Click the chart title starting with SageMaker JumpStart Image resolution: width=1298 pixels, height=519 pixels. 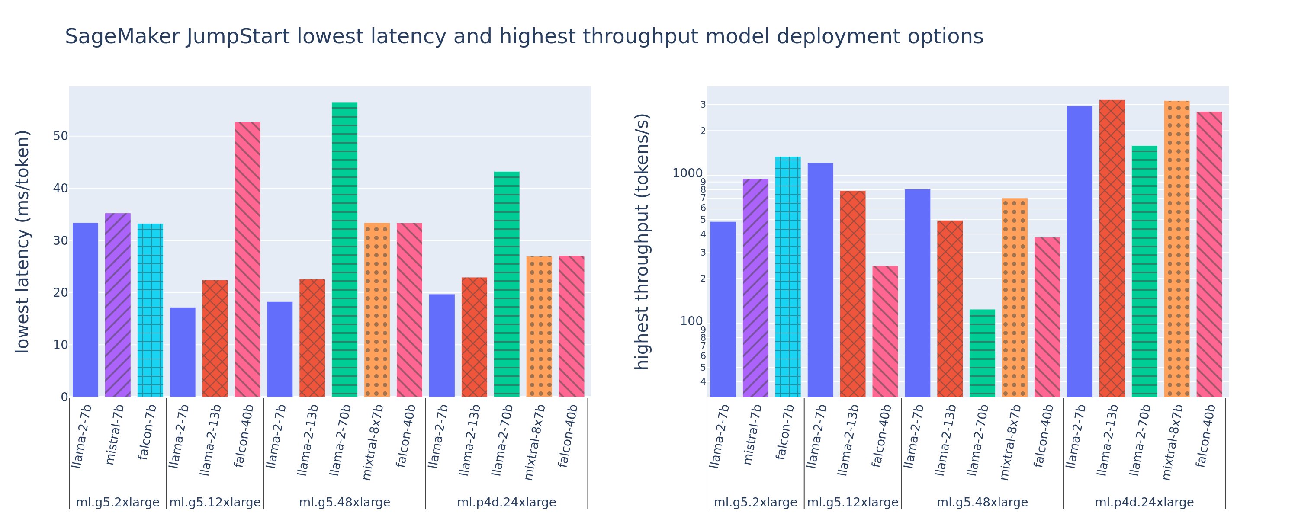coord(524,37)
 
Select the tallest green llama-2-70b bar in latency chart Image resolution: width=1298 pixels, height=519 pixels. coord(345,250)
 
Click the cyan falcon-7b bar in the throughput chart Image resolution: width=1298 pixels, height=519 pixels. coord(787,277)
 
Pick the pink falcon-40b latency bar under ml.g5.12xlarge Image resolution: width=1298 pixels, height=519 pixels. coord(247,259)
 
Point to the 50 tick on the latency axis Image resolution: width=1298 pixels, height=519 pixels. coord(60,136)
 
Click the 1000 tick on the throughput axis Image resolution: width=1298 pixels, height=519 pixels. coord(688,174)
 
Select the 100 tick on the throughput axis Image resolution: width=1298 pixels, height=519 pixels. coord(691,321)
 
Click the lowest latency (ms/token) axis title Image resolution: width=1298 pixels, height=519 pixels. coord(22,242)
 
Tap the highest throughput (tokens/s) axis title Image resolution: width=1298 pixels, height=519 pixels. coord(642,242)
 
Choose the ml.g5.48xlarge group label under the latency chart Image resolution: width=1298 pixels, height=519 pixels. coord(345,503)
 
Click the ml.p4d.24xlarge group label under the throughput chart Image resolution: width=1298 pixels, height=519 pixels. coord(1144,503)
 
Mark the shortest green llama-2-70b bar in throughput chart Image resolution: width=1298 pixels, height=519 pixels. coord(982,353)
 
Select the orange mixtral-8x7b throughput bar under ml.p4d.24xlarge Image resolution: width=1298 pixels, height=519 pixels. coord(1176,249)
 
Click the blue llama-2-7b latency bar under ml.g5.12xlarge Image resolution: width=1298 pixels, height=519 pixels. coord(183,352)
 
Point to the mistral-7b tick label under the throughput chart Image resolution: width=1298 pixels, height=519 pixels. coord(750,434)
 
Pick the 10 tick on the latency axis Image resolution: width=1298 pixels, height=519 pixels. coord(61,345)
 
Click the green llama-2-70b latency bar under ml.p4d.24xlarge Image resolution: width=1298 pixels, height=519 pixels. coord(506,284)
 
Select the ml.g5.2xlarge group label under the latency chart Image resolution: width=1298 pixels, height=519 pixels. coord(117,503)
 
